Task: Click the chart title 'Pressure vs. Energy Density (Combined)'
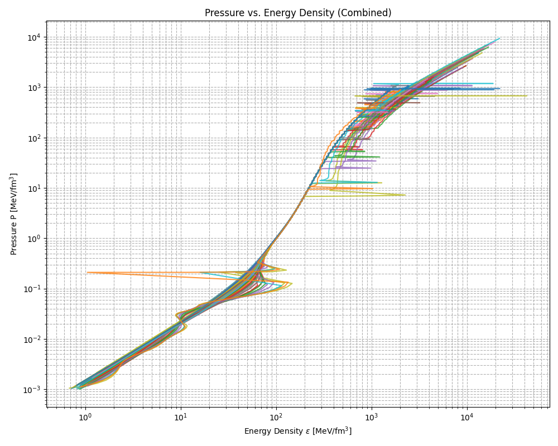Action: (298, 13)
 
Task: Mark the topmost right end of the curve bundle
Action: (499, 38)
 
